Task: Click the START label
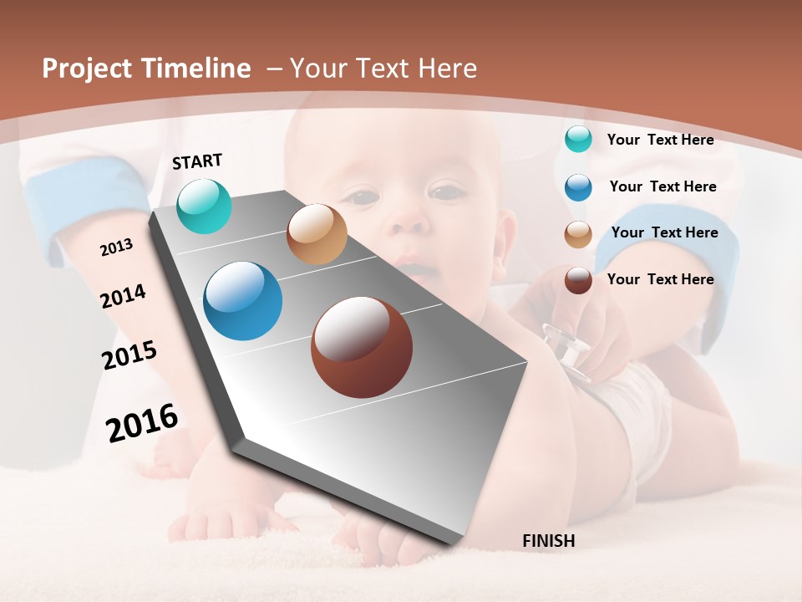tap(197, 161)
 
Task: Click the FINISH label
tap(548, 541)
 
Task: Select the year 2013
tap(116, 247)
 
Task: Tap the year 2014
tap(123, 296)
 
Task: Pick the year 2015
tap(129, 355)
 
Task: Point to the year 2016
tap(142, 422)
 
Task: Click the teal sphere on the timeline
tap(204, 206)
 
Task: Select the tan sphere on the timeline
tap(317, 234)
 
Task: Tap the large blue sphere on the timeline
tap(242, 301)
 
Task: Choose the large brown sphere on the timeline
tap(362, 347)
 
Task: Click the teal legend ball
tap(578, 139)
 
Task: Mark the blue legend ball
tap(578, 186)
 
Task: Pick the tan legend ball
tap(578, 234)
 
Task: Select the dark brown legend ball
tap(578, 280)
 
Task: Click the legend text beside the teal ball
tap(660, 140)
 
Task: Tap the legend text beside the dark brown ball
tap(660, 279)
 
